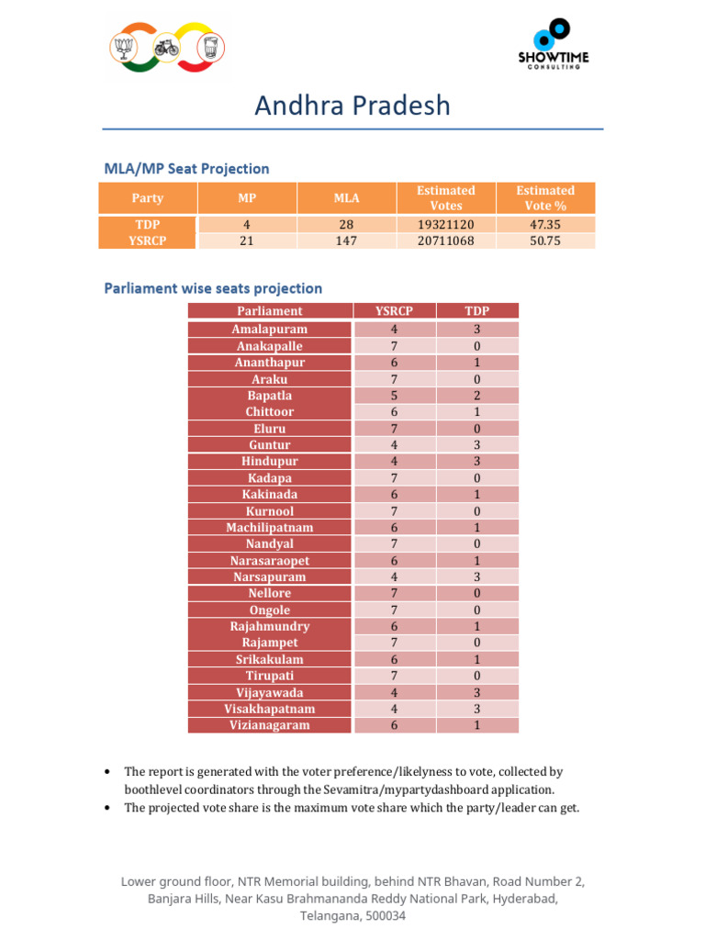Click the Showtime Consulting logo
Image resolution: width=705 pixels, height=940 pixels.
coord(553,44)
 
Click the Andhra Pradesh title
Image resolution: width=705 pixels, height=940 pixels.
coord(352,106)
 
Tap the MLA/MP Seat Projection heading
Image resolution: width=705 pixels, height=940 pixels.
coord(186,169)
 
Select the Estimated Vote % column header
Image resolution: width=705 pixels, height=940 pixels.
coord(545,198)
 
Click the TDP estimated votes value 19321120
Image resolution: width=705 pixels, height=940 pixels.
coord(445,224)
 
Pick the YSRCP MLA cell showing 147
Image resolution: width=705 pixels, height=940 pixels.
coord(347,241)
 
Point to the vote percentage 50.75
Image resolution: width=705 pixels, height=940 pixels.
coord(545,241)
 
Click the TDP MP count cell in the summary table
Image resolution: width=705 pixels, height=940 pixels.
coord(247,224)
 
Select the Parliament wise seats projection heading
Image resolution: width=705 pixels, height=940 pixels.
coord(213,288)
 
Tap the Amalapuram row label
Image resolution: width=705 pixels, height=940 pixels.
coord(270,329)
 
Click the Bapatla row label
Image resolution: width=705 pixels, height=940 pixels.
coord(270,396)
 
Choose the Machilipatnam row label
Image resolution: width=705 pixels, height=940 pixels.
coord(270,527)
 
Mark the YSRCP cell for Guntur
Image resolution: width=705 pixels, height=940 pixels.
coord(394,445)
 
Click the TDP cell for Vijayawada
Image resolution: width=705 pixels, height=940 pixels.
coord(477,692)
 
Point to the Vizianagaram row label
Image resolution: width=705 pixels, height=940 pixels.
coord(270,725)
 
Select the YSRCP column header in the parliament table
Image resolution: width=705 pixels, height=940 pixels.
coord(394,311)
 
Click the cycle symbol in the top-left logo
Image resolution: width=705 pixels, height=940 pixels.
coord(166,48)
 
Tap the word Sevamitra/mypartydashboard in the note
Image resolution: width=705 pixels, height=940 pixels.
coord(427,789)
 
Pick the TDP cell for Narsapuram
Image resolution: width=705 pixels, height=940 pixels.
coord(477,576)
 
